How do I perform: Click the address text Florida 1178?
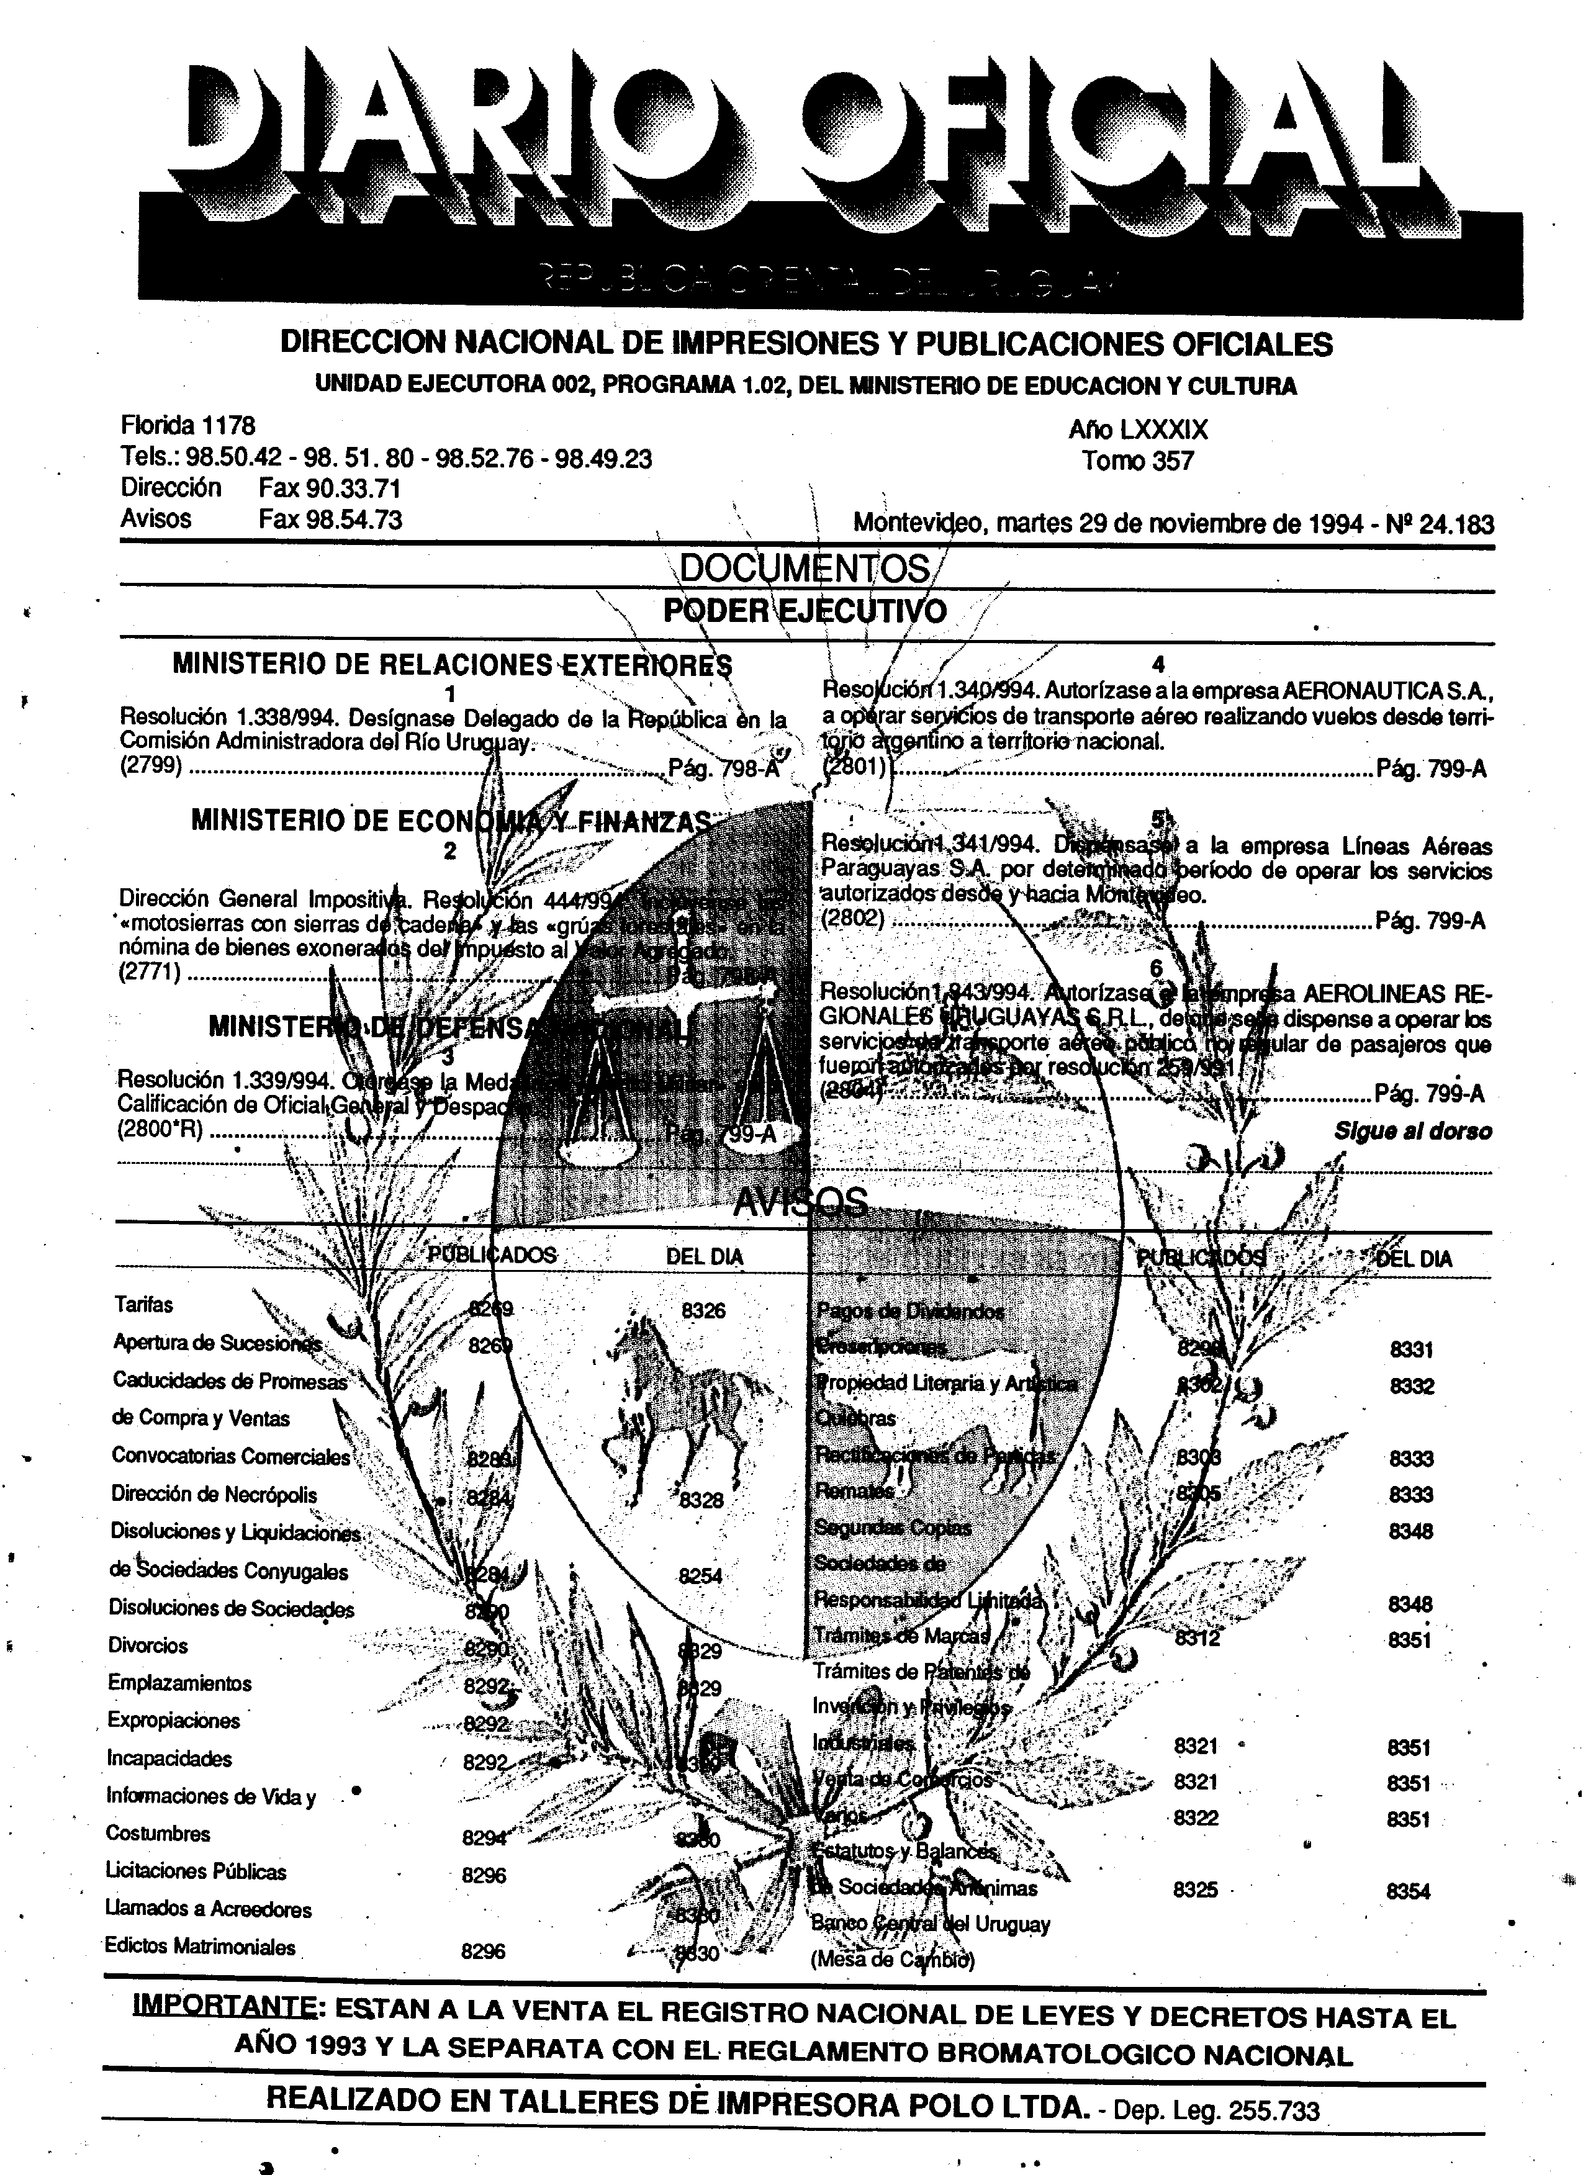[x=188, y=425]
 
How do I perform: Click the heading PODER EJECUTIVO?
[x=805, y=611]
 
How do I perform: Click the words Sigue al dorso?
[x=1412, y=1132]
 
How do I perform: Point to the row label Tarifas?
[x=144, y=1304]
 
